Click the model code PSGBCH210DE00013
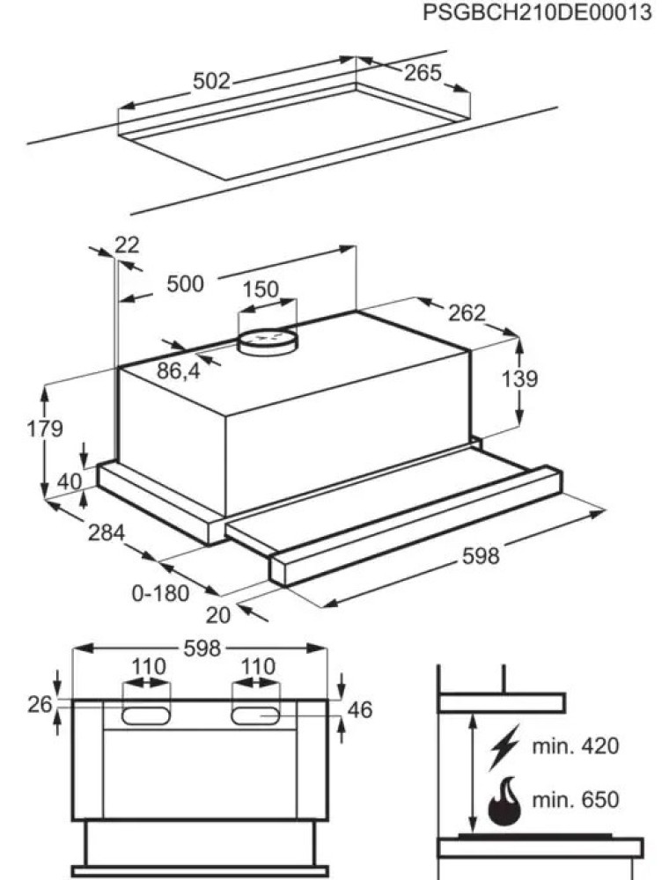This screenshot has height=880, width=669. click(537, 13)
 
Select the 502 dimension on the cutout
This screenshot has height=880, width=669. click(211, 81)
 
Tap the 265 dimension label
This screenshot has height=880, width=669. click(423, 73)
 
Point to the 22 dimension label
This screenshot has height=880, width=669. click(128, 246)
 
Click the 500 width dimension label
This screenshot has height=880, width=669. click(185, 284)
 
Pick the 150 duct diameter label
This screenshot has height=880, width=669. click(261, 290)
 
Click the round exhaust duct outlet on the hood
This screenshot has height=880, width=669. click(267, 339)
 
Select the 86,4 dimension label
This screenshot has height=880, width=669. click(179, 371)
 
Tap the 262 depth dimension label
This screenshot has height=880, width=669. click(467, 312)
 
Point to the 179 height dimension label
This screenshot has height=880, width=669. click(45, 429)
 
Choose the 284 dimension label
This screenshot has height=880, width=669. click(106, 533)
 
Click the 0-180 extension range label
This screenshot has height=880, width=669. click(160, 593)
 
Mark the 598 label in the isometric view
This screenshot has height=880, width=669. click(481, 556)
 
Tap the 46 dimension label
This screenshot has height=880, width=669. click(360, 709)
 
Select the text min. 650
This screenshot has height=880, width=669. click(576, 800)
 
